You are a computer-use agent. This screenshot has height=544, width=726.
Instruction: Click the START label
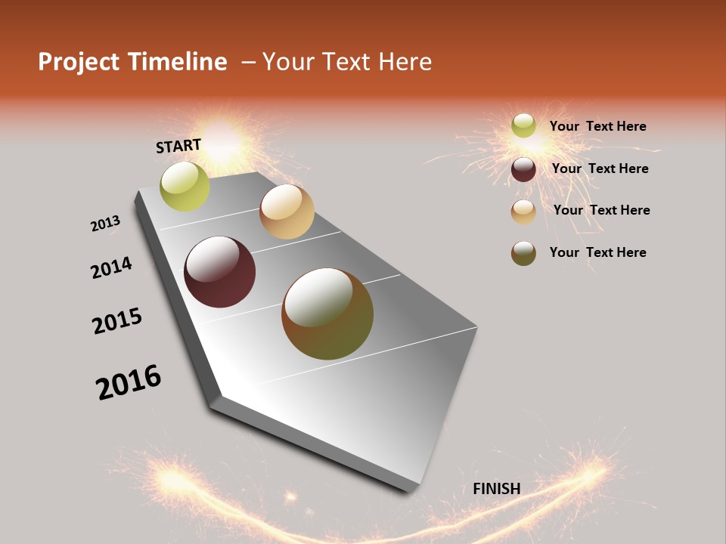tap(178, 145)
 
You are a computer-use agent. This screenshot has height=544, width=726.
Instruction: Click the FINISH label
tap(496, 489)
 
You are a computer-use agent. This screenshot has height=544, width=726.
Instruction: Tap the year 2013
tap(106, 223)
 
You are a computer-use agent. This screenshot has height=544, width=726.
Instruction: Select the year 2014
tap(111, 267)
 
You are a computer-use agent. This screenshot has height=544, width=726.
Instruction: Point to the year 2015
tap(117, 321)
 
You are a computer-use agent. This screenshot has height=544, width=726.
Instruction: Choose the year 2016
tap(129, 382)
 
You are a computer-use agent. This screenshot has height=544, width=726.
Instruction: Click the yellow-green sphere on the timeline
tap(185, 186)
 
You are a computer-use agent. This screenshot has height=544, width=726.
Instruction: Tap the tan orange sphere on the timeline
tap(287, 212)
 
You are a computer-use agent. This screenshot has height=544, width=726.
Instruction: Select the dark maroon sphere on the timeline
tap(219, 272)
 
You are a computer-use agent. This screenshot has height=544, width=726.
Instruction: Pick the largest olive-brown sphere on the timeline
tap(327, 314)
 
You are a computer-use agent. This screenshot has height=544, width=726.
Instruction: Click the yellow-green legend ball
tap(523, 125)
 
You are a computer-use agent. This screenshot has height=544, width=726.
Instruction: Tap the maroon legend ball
tap(523, 169)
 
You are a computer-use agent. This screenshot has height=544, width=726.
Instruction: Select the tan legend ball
tap(523, 212)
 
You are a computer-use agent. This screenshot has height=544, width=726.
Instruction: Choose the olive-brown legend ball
tap(523, 253)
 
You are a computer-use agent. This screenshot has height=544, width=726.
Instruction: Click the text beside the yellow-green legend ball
tap(597, 126)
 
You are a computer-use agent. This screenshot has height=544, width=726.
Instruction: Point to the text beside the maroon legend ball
tap(600, 168)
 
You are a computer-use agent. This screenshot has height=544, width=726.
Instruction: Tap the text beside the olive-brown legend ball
tap(597, 252)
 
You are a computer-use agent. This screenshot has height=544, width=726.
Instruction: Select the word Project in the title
tap(76, 62)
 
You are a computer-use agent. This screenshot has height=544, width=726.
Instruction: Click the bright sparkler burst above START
tap(223, 136)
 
